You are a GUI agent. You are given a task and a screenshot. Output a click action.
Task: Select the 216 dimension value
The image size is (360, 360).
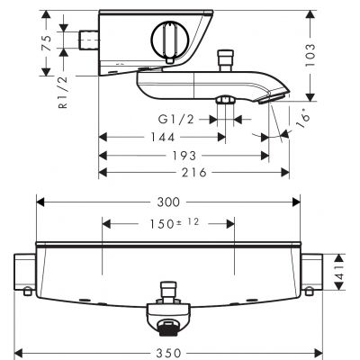coord(193,171)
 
